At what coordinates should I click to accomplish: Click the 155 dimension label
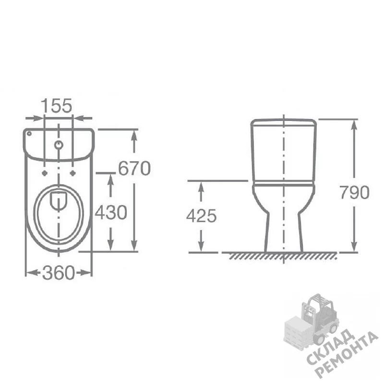point(56,106)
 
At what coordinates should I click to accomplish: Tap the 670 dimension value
point(134,168)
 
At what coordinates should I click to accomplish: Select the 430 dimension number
point(111,212)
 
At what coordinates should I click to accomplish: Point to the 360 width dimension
point(58,273)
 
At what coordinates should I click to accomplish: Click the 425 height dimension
point(202,216)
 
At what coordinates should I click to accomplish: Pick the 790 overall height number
point(354,192)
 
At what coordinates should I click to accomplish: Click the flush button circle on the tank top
point(59,145)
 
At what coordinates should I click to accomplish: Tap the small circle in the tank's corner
point(29,133)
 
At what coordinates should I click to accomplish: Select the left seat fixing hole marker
point(44,173)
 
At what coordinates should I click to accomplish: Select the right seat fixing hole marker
point(73,173)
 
